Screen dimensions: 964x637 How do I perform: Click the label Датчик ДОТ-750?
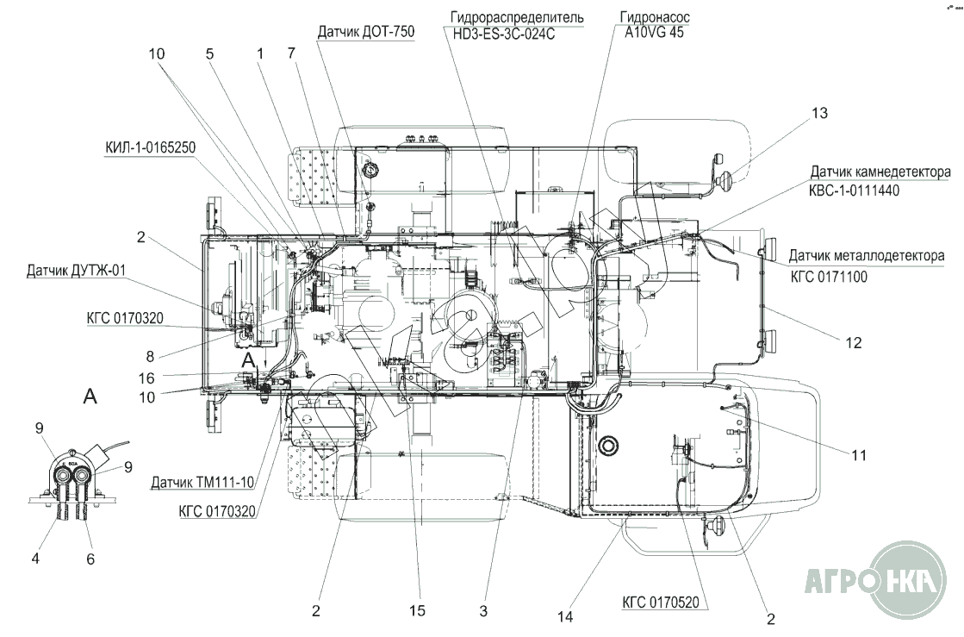(366, 32)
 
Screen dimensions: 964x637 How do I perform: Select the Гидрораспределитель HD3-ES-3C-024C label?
(516, 25)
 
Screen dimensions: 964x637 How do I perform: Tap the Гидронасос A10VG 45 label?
(654, 25)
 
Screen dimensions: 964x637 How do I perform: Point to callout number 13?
(819, 113)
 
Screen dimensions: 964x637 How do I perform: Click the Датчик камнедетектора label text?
(880, 172)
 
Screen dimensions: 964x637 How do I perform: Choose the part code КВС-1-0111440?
(854, 190)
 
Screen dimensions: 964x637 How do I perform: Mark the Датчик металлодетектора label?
(867, 255)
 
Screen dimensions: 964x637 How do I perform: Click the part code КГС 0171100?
(829, 278)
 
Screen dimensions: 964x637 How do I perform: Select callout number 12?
(854, 342)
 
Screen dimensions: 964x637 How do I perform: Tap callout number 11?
(859, 455)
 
